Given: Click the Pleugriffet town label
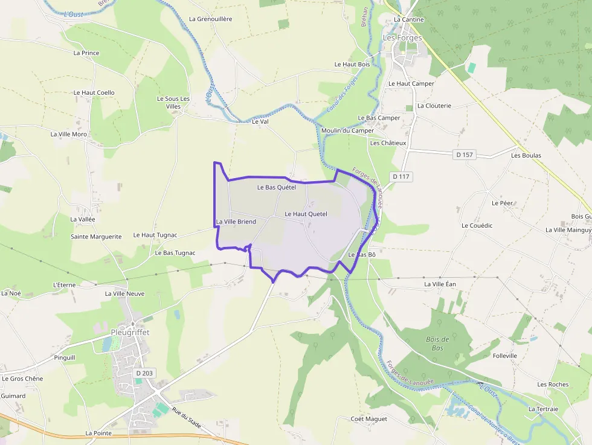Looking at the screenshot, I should tap(130, 332).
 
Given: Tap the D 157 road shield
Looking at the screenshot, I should tap(465, 155).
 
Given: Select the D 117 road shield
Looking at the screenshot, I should tap(401, 176).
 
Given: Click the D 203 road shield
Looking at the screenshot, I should tap(144, 373).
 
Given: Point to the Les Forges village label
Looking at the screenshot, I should tap(402, 37).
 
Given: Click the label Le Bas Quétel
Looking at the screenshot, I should tap(277, 187).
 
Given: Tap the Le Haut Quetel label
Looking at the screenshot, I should tap(306, 214).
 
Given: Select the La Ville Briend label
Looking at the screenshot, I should tap(236, 222).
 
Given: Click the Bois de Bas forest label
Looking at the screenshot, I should tap(438, 344).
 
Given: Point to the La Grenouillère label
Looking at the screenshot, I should tap(210, 19).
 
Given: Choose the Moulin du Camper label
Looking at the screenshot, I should tap(347, 130).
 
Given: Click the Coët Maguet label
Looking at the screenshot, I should tap(368, 418).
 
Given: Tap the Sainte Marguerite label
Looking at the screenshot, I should tap(96, 237).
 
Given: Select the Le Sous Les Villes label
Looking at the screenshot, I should tap(173, 103).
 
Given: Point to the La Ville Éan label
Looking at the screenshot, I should tap(440, 284).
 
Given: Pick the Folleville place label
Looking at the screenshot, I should tap(504, 356).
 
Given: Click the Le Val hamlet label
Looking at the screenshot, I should tap(259, 121).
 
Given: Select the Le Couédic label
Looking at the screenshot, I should tap(477, 225).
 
